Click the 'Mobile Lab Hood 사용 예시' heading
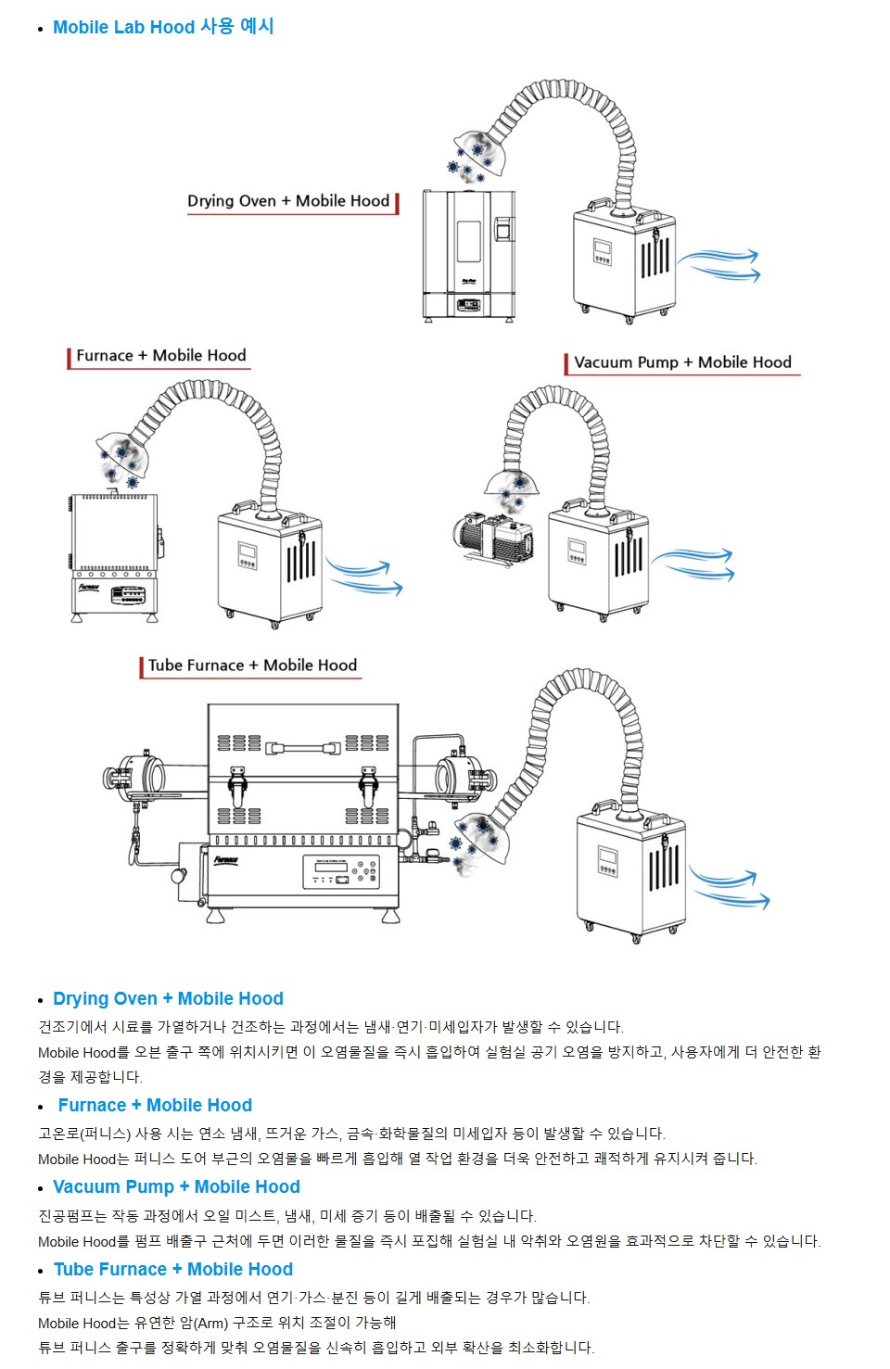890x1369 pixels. [163, 27]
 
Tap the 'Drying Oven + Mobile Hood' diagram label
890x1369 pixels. [287, 201]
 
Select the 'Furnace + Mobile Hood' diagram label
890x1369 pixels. [160, 356]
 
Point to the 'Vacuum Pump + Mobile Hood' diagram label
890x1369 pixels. [682, 362]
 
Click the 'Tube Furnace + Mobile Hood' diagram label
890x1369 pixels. [252, 665]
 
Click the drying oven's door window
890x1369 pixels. [469, 240]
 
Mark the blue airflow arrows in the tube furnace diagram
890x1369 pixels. [731, 887]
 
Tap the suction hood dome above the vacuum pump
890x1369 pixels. [512, 483]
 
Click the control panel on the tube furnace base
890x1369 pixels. [340, 871]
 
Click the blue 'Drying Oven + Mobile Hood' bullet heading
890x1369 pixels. [168, 999]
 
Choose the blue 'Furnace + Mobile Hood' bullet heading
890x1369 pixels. [155, 1106]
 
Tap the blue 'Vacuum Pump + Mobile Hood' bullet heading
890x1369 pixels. [176, 1187]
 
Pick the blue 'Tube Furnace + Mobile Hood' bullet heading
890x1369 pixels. [173, 1270]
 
